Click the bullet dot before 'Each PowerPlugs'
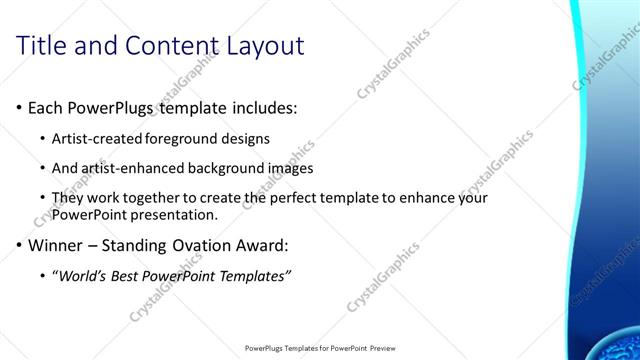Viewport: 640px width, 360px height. point(21,107)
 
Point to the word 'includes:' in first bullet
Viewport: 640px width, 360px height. point(261,107)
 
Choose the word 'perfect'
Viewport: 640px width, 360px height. point(289,198)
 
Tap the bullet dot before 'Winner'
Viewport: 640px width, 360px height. point(21,245)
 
